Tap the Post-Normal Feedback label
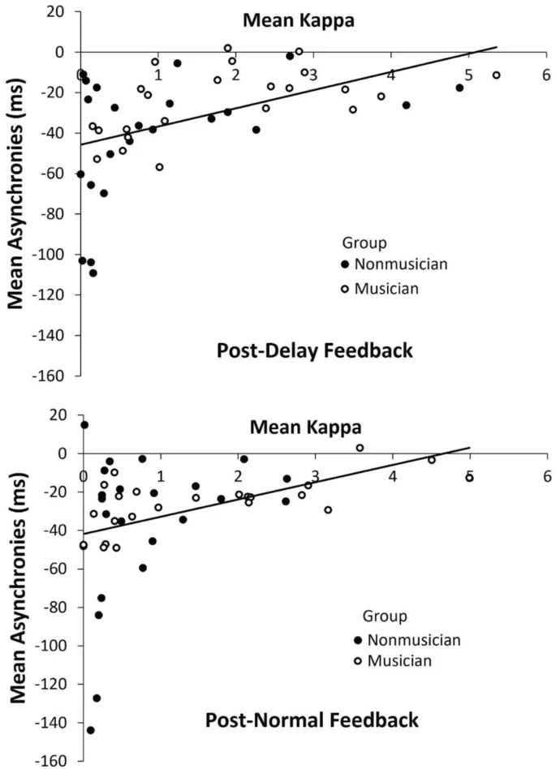coord(312,720)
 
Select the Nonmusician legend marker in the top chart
coord(344,264)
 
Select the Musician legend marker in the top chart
coord(344,288)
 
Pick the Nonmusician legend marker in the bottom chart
coord(357,641)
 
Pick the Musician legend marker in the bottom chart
coord(357,662)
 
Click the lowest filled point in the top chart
coord(93,273)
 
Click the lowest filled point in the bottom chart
coord(91,730)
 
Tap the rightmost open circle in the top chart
coord(496,75)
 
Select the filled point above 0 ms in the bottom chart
coord(84,424)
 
